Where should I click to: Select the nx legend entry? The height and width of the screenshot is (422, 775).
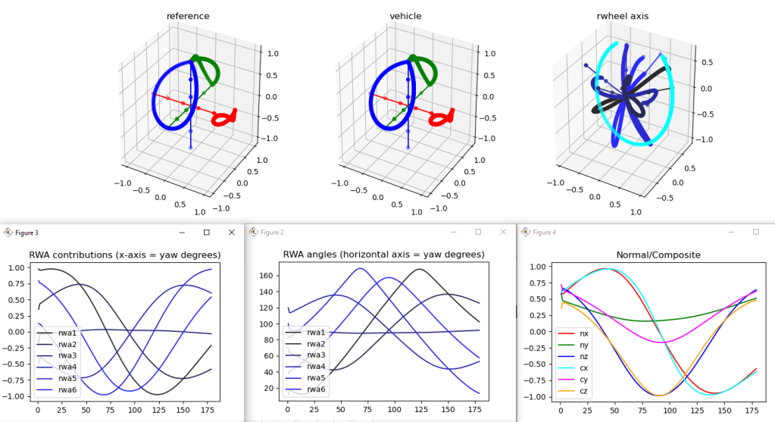tap(584, 333)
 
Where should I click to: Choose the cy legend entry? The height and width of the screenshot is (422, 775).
tap(584, 378)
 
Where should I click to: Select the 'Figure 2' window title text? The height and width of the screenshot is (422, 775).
tap(272, 232)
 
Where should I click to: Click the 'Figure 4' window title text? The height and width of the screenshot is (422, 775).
tap(544, 232)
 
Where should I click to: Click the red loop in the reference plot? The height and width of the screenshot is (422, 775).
tap(224, 118)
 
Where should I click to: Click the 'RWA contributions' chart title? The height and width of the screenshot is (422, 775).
tap(124, 255)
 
